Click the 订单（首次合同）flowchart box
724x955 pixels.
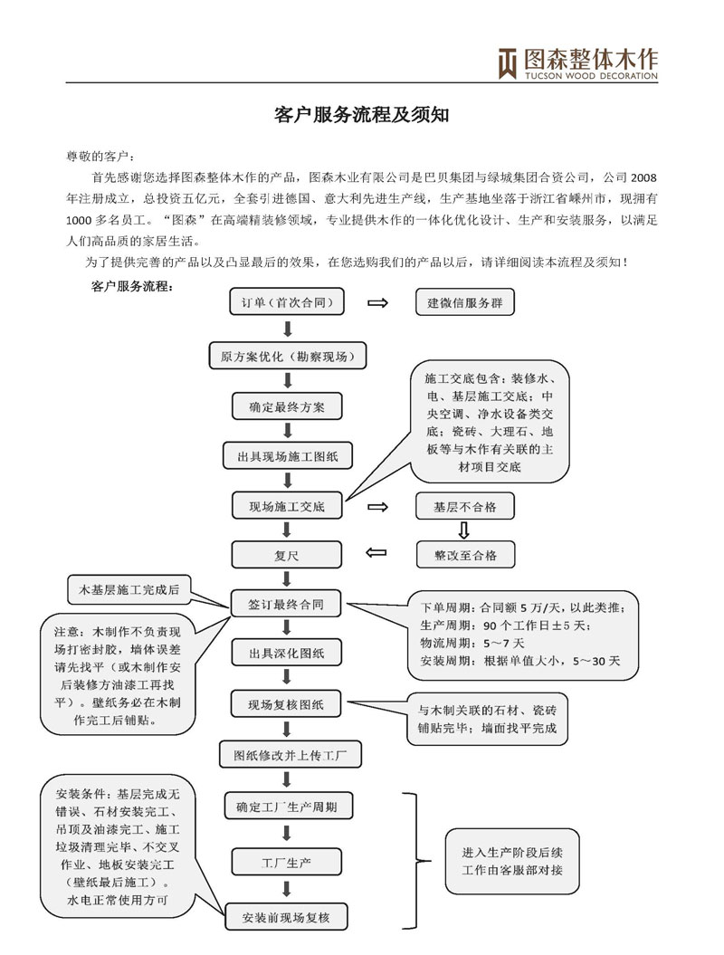click(287, 303)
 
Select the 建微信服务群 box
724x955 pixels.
click(464, 303)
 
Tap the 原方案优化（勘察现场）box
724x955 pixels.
click(287, 356)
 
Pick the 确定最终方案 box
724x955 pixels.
click(287, 406)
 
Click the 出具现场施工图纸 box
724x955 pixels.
click(287, 456)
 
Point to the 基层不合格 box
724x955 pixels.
click(464, 506)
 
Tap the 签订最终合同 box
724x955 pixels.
click(287, 602)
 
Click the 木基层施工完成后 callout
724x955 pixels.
click(125, 590)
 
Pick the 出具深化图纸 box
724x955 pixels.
click(287, 652)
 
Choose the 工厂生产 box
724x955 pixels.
click(287, 861)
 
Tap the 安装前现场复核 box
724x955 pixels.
click(287, 918)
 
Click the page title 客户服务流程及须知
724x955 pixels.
click(361, 115)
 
